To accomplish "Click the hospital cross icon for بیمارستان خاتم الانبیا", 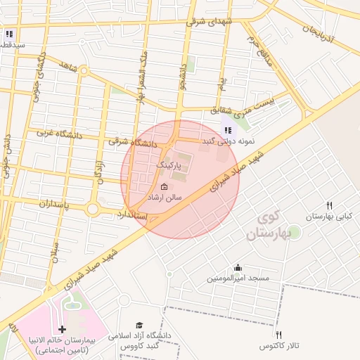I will [62, 329].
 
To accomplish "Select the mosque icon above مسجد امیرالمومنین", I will [238, 267].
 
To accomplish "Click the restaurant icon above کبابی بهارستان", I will [328, 205].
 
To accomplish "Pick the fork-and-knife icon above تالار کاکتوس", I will [278, 335].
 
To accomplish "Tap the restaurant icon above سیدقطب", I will [8, 33].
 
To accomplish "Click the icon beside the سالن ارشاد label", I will [165, 187].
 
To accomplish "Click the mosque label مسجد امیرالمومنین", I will [238, 278].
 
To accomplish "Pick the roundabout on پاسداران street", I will [93, 210].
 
